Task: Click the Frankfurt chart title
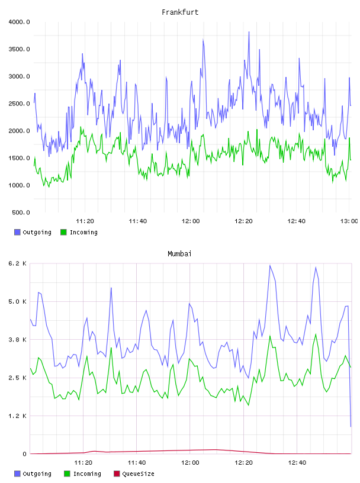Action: [180, 12]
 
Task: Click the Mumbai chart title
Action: [179, 254]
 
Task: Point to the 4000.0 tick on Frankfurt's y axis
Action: [19, 22]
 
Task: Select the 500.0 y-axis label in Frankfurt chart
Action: [21, 212]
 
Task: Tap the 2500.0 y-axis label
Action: [19, 104]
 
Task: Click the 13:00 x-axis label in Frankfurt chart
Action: [349, 221]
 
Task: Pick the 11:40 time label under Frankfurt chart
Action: [138, 221]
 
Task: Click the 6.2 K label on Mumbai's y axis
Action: [17, 263]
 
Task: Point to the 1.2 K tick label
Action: [17, 416]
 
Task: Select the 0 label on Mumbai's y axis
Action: [24, 454]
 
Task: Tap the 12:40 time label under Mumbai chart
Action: [297, 463]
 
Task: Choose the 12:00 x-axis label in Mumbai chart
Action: [190, 463]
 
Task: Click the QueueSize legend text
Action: [138, 474]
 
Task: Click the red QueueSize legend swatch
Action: [117, 474]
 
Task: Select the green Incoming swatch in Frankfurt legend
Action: [63, 232]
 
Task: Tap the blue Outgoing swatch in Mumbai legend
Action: [17, 474]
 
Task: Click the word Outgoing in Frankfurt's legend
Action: [37, 232]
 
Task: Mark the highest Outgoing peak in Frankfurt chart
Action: [249, 32]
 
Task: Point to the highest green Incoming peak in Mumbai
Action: [316, 334]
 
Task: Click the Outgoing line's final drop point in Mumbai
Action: [351, 427]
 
